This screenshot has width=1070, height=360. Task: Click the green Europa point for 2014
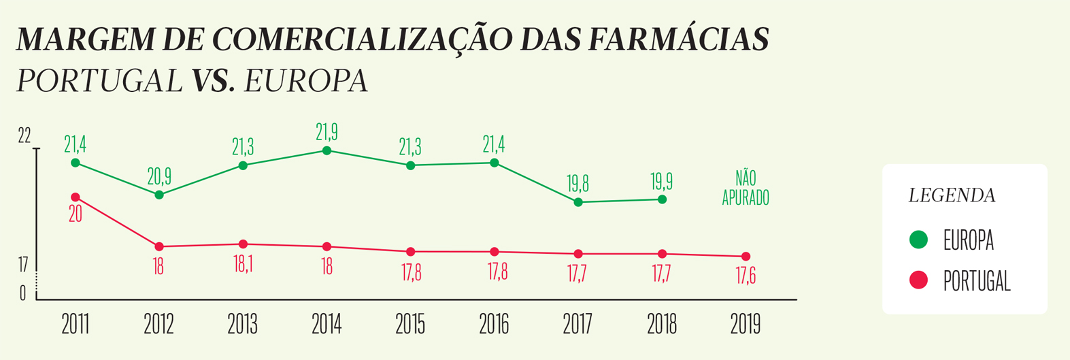click(x=327, y=150)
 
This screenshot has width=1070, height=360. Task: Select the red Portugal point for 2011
click(x=76, y=197)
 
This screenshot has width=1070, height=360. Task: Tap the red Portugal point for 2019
click(x=746, y=257)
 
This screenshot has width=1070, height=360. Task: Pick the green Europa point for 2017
click(x=578, y=202)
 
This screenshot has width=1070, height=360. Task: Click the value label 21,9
click(x=327, y=132)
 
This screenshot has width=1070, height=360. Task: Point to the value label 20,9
click(x=159, y=177)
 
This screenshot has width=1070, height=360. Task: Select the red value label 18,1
click(x=243, y=265)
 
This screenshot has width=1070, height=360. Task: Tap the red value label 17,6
click(x=746, y=276)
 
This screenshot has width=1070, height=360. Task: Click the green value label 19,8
click(x=578, y=184)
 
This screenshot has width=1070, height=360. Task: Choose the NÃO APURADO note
click(x=746, y=189)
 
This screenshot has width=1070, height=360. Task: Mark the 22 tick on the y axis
click(x=24, y=136)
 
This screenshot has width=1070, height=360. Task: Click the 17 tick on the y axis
click(x=23, y=265)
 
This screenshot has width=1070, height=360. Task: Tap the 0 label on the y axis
click(x=23, y=293)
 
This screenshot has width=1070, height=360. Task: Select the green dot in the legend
click(x=919, y=240)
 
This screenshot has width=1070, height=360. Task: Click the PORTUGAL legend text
click(x=977, y=281)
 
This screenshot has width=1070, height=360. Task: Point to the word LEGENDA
click(x=952, y=196)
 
